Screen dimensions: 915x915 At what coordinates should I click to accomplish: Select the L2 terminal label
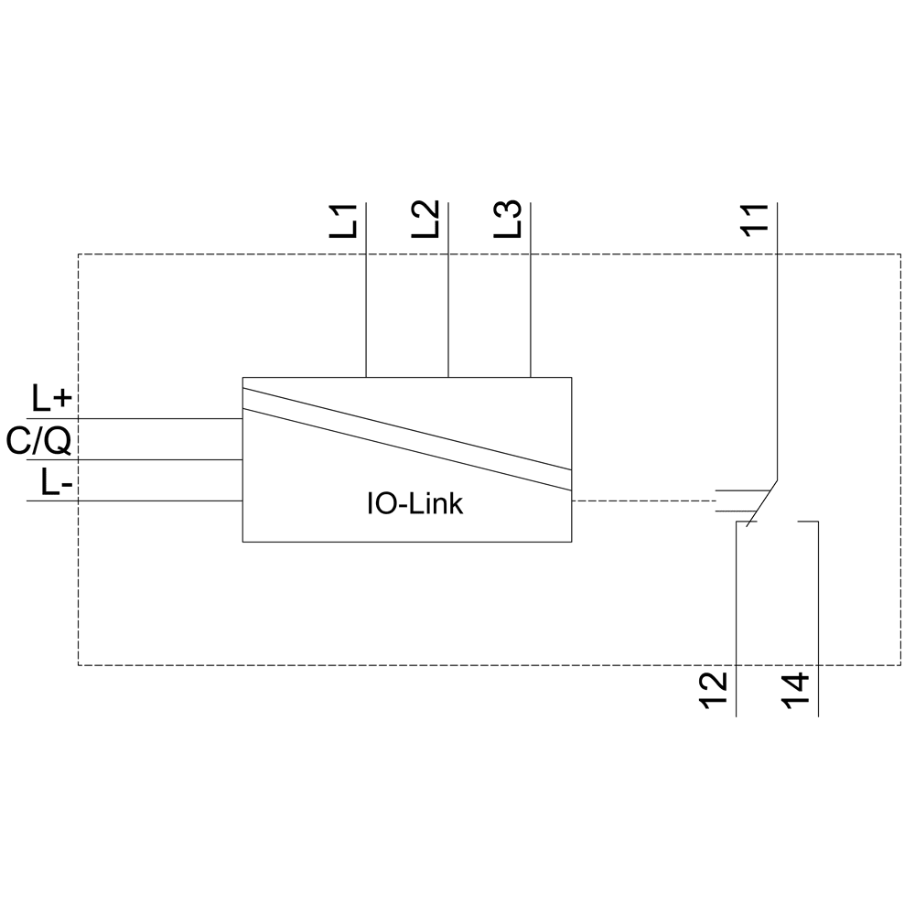click(426, 221)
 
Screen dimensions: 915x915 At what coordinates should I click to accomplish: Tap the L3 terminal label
click(509, 221)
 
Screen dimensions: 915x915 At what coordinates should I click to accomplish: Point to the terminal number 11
click(755, 221)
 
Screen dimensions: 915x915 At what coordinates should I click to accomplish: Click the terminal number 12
click(715, 693)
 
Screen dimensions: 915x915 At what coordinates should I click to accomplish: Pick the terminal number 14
click(796, 693)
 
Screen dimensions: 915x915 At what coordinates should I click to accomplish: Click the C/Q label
click(38, 442)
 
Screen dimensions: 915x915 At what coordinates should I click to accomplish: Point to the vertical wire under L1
click(366, 302)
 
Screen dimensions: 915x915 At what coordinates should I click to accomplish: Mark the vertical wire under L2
click(448, 302)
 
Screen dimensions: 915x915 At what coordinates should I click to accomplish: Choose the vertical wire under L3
click(531, 302)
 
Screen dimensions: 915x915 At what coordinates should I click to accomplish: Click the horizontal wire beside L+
click(137, 418)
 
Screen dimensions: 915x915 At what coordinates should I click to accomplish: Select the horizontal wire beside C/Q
click(137, 459)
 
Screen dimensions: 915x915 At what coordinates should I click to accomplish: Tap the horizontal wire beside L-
click(137, 501)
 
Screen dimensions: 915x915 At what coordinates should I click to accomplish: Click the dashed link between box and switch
click(640, 501)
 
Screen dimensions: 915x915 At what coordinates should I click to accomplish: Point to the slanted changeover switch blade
click(762, 502)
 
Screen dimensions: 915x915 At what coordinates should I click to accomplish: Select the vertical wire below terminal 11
click(776, 366)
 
